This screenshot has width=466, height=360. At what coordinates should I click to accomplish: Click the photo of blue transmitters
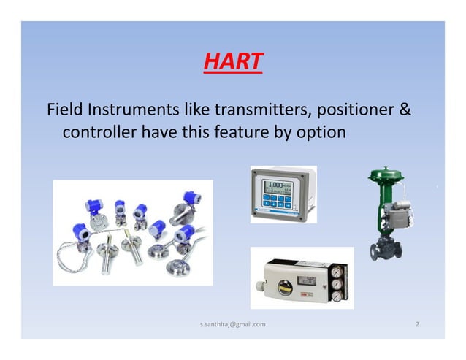132,232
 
